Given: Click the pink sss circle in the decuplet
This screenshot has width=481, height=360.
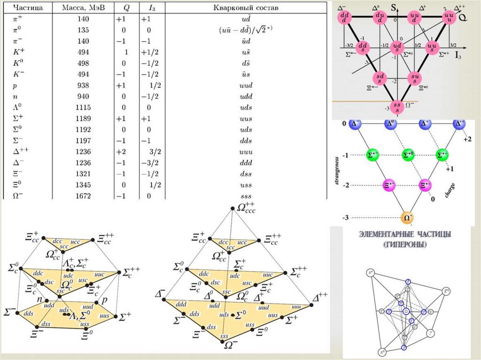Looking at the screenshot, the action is [x=398, y=107].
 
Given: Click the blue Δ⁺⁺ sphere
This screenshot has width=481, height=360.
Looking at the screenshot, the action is [x=458, y=123].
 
